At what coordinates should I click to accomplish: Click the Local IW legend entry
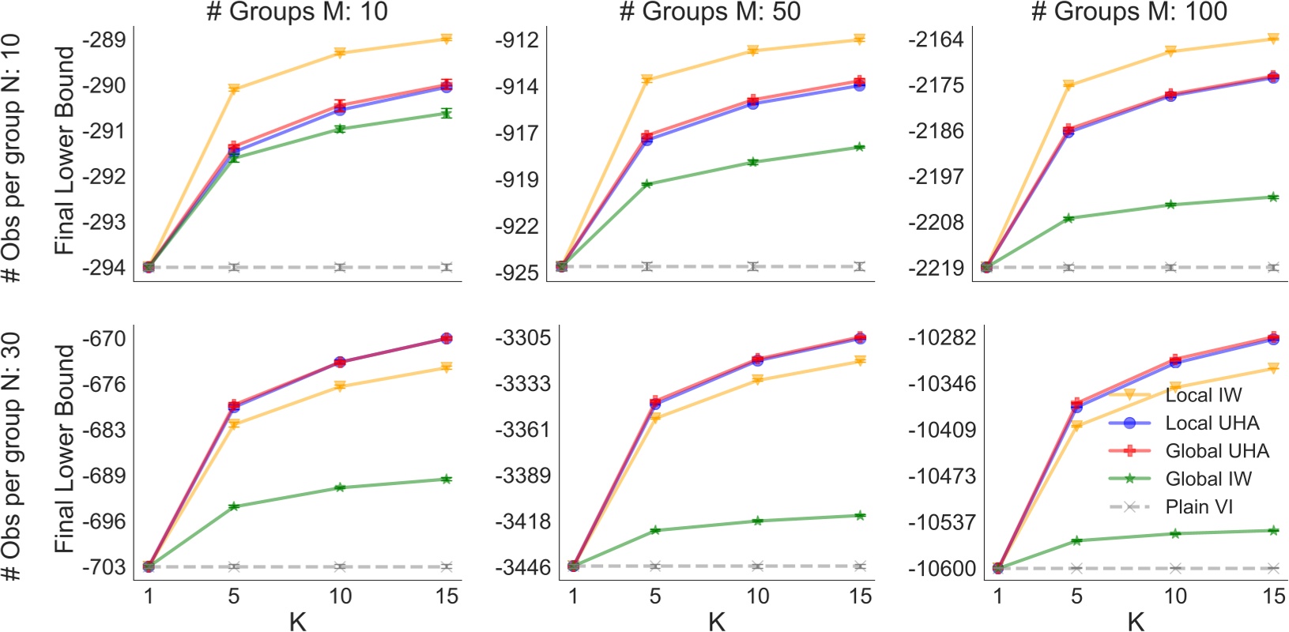pyautogui.click(x=1203, y=395)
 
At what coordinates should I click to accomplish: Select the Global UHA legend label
pyautogui.click(x=1216, y=451)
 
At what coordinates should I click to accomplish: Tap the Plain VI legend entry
pyautogui.click(x=1198, y=507)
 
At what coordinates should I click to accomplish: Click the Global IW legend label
pyautogui.click(x=1208, y=479)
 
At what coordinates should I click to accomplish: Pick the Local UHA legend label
pyautogui.click(x=1212, y=423)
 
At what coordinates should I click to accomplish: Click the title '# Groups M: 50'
pyautogui.click(x=710, y=12)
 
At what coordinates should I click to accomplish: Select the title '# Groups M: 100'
pyautogui.click(x=1129, y=12)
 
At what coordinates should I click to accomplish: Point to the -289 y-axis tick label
pyautogui.click(x=106, y=39)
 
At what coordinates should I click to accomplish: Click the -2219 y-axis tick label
pyautogui.click(x=936, y=268)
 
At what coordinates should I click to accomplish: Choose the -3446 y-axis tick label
pyautogui.click(x=522, y=567)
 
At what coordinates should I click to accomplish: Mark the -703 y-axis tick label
pyautogui.click(x=106, y=567)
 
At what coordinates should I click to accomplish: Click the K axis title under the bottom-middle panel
pyautogui.click(x=717, y=622)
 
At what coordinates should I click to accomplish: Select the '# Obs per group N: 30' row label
pyautogui.click(x=13, y=456)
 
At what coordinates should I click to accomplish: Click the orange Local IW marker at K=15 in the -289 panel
pyautogui.click(x=447, y=39)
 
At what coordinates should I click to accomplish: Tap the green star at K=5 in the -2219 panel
pyautogui.click(x=1069, y=218)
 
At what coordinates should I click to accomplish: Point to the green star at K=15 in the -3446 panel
pyautogui.click(x=860, y=516)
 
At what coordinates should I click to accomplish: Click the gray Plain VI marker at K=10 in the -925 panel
pyautogui.click(x=753, y=266)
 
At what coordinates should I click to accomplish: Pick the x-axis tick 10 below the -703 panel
pyautogui.click(x=340, y=596)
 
